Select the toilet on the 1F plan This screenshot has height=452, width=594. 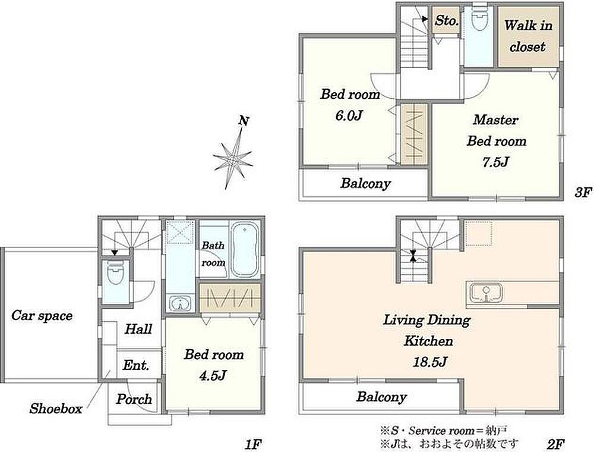tap(116, 273)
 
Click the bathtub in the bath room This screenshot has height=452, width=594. tap(245, 249)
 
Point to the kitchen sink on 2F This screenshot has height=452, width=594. tap(486, 293)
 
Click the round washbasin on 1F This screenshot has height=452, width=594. tap(181, 303)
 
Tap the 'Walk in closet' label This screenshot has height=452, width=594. tap(527, 36)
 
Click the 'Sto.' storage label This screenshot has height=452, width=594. tap(446, 20)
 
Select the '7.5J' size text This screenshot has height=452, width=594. tap(495, 162)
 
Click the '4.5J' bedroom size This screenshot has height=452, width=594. tap(213, 375)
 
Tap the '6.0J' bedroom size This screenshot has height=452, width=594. tap(349, 115)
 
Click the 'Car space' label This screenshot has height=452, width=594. tap(42, 315)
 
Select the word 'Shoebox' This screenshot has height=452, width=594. tap(56, 409)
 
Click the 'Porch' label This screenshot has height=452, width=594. tap(134, 399)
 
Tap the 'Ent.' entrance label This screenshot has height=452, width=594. tap(136, 365)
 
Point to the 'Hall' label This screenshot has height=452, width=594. tap(138, 328)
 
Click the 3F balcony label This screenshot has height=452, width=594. tap(365, 184)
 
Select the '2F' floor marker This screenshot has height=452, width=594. tap(556, 443)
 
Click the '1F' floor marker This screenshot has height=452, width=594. tap(254, 443)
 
